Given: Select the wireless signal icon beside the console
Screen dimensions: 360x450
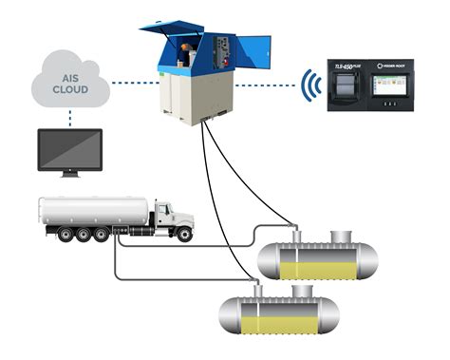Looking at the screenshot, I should (309, 85).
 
